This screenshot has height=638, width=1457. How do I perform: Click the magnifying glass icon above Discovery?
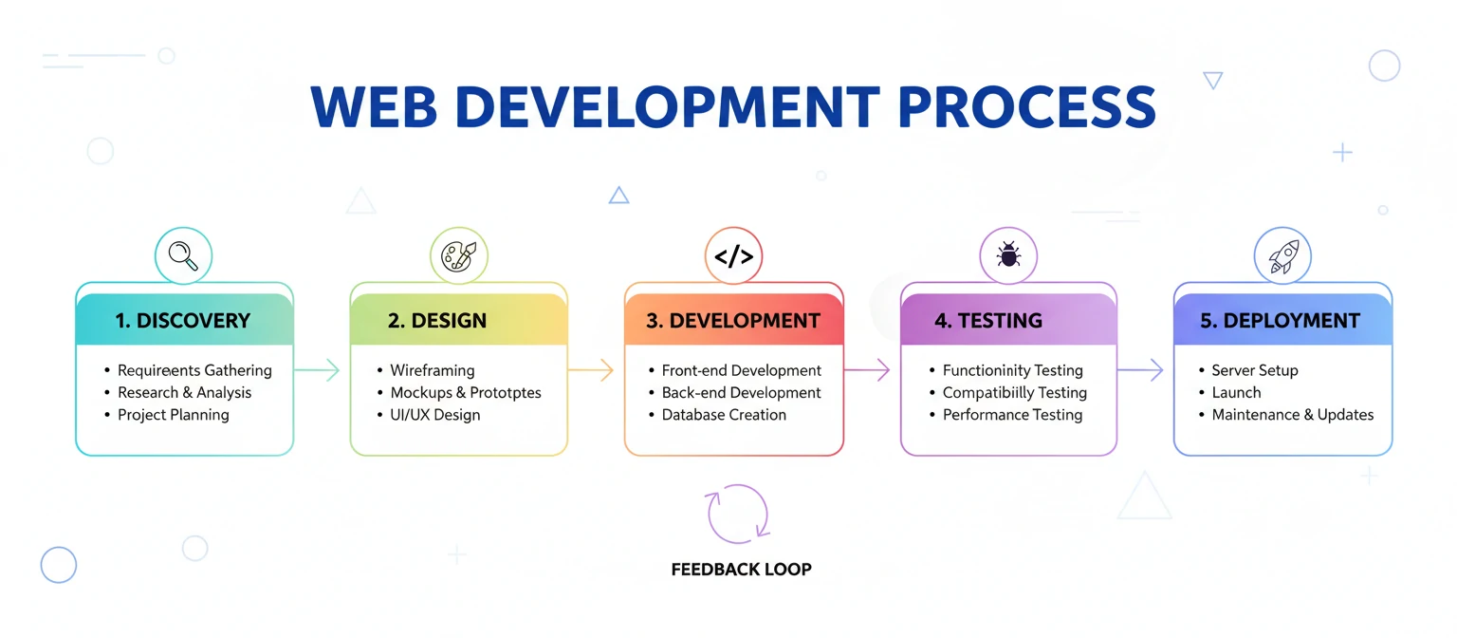[183, 255]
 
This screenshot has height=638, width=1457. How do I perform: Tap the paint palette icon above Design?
[458, 255]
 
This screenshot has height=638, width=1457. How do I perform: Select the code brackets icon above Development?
[733, 255]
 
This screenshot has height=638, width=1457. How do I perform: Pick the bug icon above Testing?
[1008, 255]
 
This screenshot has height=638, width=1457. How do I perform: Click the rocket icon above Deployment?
[1282, 255]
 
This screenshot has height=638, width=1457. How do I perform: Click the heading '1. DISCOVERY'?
[183, 321]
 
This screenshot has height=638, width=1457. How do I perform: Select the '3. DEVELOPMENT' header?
[733, 321]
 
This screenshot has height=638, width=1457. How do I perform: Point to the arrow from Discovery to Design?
[318, 370]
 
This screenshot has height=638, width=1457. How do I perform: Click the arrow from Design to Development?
[592, 370]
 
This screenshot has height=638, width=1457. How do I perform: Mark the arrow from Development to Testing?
[867, 370]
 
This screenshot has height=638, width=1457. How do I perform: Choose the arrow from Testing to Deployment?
[1141, 370]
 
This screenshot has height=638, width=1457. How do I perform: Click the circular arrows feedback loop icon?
[738, 514]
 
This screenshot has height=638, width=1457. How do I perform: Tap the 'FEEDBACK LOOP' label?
[741, 570]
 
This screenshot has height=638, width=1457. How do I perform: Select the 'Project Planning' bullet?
[173, 415]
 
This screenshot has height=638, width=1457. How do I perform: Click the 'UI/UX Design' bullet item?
[435, 415]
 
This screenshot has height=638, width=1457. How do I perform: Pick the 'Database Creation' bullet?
[724, 415]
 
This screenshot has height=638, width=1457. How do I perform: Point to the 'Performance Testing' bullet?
[1012, 415]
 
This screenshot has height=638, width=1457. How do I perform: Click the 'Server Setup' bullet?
[1254, 370]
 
